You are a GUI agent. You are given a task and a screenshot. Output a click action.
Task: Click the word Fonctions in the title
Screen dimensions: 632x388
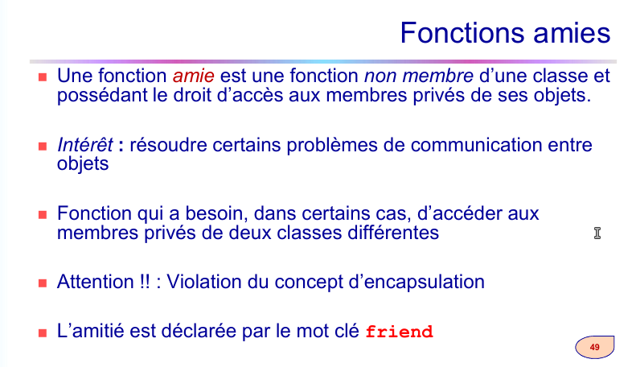[x=463, y=33]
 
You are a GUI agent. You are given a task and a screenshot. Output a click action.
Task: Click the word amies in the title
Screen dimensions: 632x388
[x=572, y=33]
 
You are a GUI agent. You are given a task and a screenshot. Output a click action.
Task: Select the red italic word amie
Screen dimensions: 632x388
[x=194, y=76]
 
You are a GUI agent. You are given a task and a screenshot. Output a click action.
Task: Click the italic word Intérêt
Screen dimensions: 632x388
[x=85, y=145]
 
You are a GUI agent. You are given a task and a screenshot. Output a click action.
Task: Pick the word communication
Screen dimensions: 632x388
[x=476, y=145]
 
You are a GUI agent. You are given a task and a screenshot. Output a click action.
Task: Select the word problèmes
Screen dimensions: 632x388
[x=332, y=145]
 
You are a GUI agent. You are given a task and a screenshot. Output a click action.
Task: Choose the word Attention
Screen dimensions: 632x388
[x=95, y=282]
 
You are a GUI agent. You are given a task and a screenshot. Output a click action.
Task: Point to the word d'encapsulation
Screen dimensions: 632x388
[x=417, y=282]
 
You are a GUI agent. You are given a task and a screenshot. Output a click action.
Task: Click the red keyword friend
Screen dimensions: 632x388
[x=399, y=332]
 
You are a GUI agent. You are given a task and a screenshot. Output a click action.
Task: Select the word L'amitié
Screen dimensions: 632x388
[x=91, y=331]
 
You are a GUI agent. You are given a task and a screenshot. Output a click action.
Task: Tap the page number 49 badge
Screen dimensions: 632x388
[x=594, y=347]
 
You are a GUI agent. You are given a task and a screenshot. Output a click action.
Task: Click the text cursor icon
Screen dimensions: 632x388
[x=597, y=233]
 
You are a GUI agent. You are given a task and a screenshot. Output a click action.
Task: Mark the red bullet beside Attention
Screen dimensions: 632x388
[x=43, y=283]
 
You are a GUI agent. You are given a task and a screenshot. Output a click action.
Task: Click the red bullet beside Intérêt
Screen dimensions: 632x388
[x=43, y=147]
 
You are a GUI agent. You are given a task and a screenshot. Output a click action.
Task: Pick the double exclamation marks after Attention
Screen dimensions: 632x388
[x=145, y=282]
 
